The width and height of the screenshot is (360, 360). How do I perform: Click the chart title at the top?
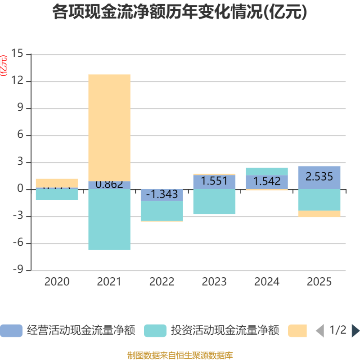point(180,12)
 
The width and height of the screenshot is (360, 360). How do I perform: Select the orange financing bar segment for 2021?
point(109,127)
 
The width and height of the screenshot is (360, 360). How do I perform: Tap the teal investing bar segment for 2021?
point(109,220)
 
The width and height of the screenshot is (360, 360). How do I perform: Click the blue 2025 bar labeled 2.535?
point(319,177)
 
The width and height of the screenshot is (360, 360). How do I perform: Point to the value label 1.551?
point(214,181)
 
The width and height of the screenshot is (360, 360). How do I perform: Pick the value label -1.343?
point(162,194)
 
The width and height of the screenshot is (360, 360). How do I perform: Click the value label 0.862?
point(109,184)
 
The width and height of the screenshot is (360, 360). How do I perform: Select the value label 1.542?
point(267,181)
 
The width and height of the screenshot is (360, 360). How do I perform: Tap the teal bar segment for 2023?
point(214,202)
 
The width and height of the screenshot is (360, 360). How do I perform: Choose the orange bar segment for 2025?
point(319,214)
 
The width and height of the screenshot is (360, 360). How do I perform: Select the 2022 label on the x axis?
point(162,282)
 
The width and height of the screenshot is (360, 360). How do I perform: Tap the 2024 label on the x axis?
point(267,282)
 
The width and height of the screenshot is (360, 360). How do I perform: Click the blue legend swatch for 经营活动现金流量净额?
point(11,331)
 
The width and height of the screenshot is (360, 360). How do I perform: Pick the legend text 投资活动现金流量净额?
point(225,331)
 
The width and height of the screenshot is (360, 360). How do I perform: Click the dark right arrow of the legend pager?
point(355,331)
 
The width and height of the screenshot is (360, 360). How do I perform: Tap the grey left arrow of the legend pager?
point(320,331)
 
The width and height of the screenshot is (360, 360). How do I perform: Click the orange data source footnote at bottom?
point(180,355)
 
